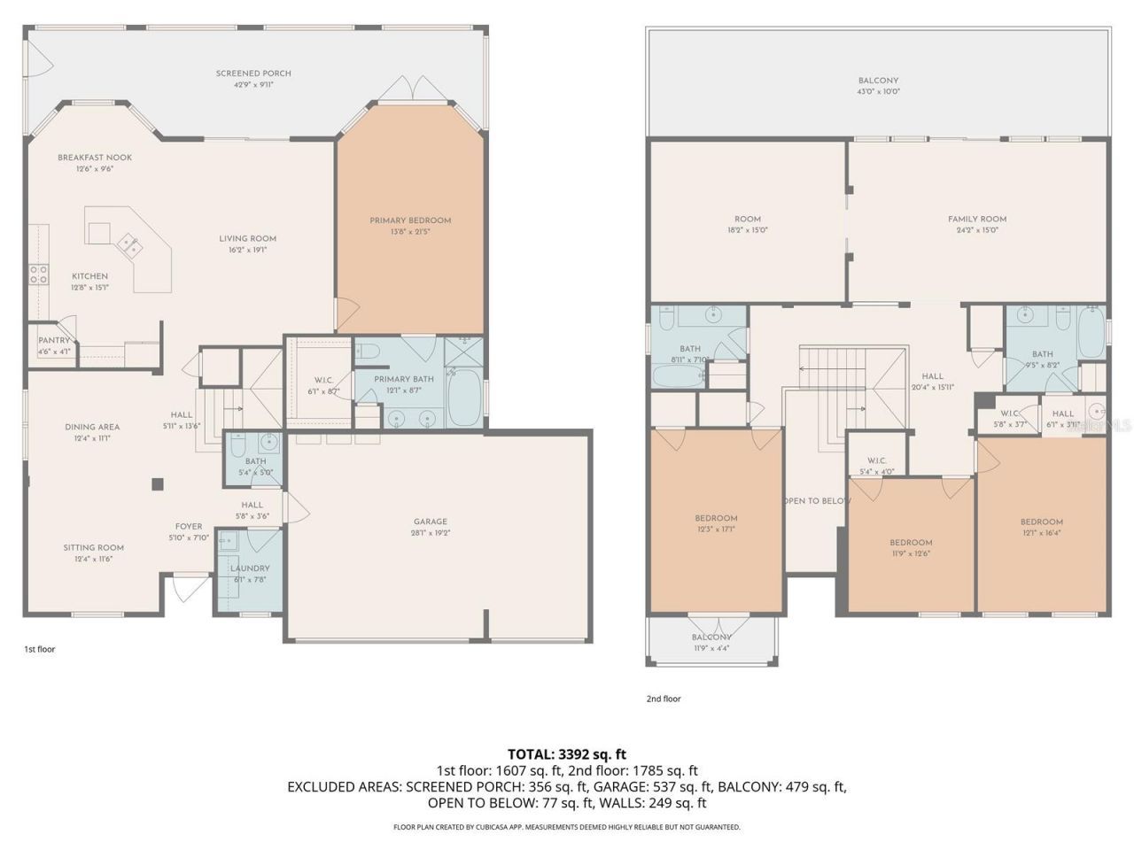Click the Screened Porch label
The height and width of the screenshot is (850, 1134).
point(253,73)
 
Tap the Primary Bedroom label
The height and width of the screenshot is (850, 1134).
point(410,220)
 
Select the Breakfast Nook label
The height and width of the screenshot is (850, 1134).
point(95,158)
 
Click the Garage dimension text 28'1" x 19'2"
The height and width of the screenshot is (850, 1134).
point(431,533)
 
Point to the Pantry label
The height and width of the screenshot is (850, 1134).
point(54,340)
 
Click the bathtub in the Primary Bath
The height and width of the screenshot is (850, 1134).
point(464,398)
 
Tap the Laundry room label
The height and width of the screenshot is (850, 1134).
point(250,568)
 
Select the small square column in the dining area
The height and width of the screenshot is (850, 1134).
point(158,483)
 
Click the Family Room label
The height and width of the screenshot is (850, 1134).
point(977,219)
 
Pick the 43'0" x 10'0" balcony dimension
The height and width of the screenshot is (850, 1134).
point(878,91)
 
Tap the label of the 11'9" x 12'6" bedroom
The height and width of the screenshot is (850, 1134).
point(911,543)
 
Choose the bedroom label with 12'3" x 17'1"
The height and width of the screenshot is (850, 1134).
point(716,518)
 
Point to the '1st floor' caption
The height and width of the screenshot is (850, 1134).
point(39,649)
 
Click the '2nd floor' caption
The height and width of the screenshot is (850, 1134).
point(664,699)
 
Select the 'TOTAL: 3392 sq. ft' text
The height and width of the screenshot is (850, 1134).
point(567,754)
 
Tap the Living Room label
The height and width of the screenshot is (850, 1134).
point(248,238)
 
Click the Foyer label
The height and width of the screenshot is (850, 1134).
point(188,526)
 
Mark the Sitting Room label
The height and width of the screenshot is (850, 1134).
point(93,547)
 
